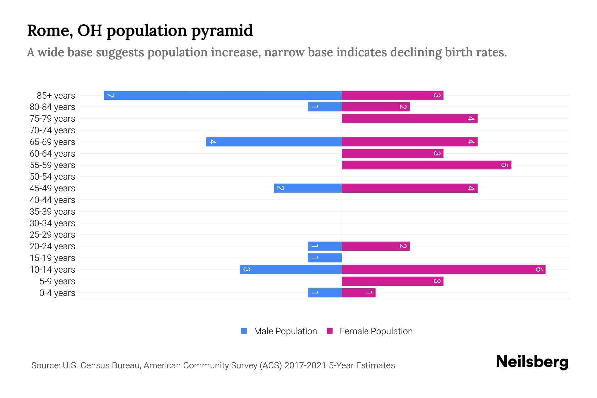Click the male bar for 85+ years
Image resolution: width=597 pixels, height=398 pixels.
223,96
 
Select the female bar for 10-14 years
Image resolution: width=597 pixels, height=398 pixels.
443,270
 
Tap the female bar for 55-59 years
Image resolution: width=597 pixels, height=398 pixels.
427,165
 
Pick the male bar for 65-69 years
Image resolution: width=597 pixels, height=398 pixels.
274,142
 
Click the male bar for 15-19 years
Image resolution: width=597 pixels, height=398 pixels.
325,258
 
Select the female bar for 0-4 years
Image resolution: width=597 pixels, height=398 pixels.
359,293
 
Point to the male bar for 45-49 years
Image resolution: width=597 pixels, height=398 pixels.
308,188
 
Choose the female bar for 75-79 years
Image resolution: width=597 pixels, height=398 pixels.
410,119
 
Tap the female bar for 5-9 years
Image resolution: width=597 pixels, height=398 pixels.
393,281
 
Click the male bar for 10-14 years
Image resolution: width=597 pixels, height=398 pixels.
291,270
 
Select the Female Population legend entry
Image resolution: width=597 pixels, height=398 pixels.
370,331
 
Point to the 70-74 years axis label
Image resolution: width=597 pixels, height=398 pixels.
52,130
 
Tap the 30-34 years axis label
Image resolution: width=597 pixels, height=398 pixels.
52,223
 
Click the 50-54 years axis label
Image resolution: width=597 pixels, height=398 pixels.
52,177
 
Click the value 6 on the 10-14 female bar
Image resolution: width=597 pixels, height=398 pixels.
539,270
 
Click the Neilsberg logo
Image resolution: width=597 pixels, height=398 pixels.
532,362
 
